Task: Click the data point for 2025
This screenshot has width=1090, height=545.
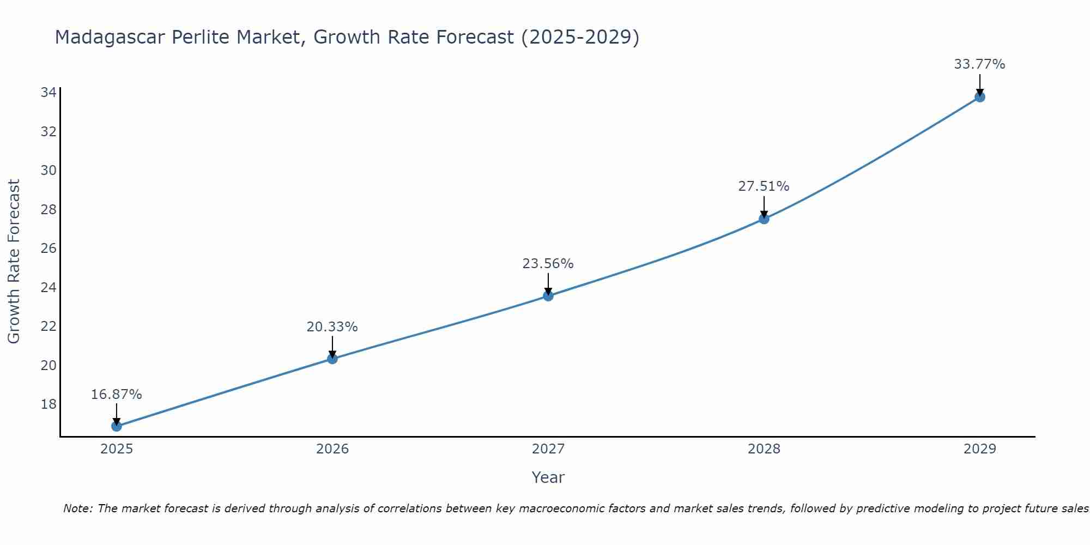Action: [117, 426]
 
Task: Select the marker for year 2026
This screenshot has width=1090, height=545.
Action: [332, 359]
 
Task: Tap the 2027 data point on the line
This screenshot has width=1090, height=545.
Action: [548, 296]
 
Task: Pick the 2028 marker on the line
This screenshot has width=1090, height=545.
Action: [764, 219]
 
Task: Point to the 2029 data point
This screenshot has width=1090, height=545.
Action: [979, 97]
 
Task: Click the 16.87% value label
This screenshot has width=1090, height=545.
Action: [117, 394]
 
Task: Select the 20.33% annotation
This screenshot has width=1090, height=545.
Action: [332, 327]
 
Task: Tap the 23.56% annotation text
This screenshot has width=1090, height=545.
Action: [548, 264]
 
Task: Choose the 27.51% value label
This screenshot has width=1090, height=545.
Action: [764, 186]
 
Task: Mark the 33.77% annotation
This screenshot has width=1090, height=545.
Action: [979, 64]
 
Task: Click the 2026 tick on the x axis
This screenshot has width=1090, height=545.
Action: [332, 449]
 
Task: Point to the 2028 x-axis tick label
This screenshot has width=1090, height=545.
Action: [764, 449]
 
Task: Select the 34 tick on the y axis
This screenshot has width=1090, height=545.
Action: [49, 93]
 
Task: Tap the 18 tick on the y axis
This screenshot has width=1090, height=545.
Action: [49, 404]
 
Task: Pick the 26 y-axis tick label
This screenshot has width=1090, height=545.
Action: [49, 249]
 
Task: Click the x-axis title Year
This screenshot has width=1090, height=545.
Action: [548, 477]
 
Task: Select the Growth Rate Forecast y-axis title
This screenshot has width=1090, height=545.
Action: [14, 262]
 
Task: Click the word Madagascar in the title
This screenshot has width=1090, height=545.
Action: [110, 37]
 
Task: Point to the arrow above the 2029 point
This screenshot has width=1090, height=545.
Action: [979, 84]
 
